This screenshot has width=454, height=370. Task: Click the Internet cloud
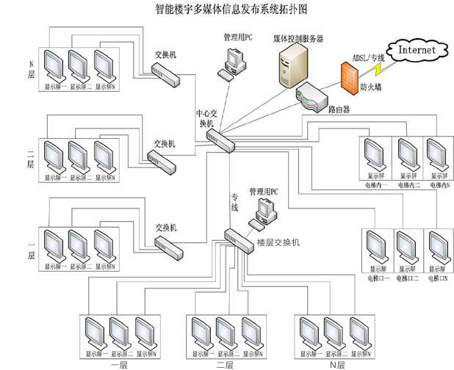pos(417,50)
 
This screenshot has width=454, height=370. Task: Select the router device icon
pos(309,98)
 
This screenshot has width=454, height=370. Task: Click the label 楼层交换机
pos(278,242)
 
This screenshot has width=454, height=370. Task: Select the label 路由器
pos(339,109)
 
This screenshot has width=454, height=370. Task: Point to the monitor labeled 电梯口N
pos(438,250)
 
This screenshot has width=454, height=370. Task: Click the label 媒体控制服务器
pos(298,37)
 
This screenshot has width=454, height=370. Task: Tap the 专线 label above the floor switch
pos(235,203)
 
